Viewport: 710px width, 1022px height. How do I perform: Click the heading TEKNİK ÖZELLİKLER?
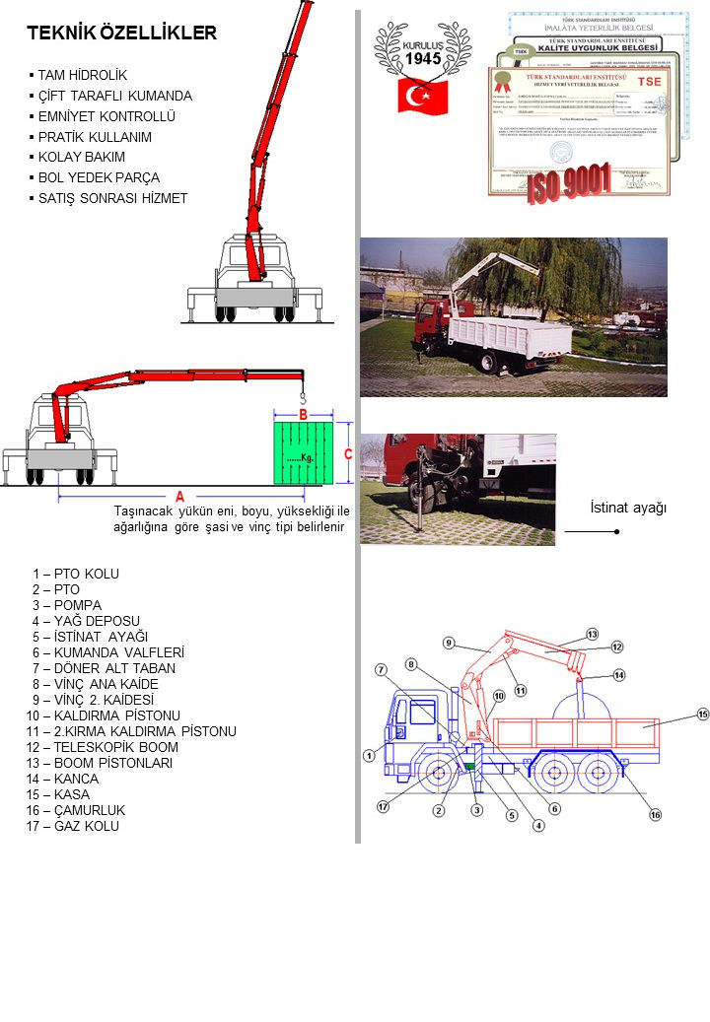121,34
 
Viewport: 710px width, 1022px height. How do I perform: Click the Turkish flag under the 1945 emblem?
422,97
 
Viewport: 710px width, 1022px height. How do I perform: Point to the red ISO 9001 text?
569,184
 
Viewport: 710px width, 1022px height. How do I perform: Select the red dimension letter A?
180,495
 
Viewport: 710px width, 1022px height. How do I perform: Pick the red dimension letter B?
304,413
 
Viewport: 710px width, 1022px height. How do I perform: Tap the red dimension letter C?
348,453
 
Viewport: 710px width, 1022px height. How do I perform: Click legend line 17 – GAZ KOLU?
73,826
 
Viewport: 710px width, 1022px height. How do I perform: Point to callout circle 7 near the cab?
381,669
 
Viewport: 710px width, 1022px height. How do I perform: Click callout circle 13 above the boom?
593,633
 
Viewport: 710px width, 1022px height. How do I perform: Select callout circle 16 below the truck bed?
655,814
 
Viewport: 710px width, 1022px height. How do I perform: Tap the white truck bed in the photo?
524,339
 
